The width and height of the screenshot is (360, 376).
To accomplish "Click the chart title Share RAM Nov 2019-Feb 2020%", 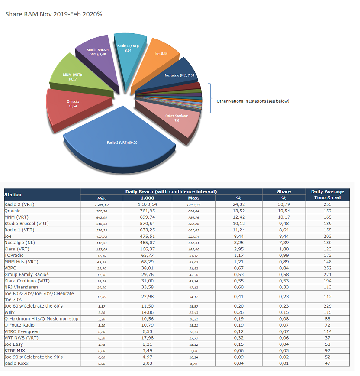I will [54, 14].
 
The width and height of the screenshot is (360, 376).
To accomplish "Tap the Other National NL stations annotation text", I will [253, 101].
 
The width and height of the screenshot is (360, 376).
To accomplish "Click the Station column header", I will [13, 194].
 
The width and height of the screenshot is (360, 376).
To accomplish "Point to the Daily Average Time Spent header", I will [328, 194].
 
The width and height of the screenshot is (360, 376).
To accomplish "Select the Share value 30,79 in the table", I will [284, 204].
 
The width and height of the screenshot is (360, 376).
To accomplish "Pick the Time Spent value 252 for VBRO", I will [328, 268].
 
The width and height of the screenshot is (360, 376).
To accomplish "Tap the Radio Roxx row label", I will [17, 363].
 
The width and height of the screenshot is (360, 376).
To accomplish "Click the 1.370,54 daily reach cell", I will [149, 204].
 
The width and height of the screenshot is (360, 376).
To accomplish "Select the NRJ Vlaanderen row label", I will [21, 287].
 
